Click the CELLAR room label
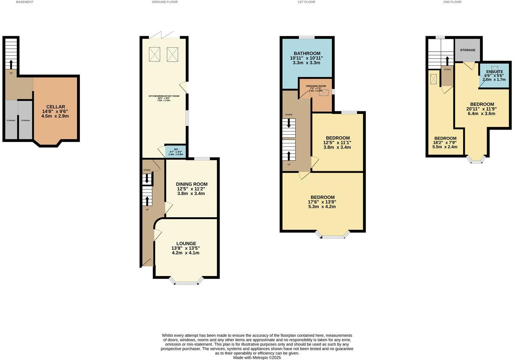tap(56, 107)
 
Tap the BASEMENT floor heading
tap(25, 2)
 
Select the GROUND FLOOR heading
tap(165, 2)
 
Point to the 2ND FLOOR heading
tap(452, 2)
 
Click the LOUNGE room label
tap(186, 243)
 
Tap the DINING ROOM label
tap(191, 184)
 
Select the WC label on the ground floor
tap(176, 149)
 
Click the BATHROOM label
tap(307, 53)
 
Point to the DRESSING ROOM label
tap(316, 86)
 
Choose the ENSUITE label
tap(494, 72)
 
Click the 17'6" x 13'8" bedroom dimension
tap(322, 202)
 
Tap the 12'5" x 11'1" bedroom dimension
tap(337, 143)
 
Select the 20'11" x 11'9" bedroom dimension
tap(482, 109)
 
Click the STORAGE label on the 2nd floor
tap(467, 50)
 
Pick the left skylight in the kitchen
tap(154, 54)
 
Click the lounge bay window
tap(186, 282)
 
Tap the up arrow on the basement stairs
tap(11, 64)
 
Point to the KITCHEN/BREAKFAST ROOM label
tap(164, 96)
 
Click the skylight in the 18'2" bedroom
tap(434, 79)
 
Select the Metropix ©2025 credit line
tap(257, 358)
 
